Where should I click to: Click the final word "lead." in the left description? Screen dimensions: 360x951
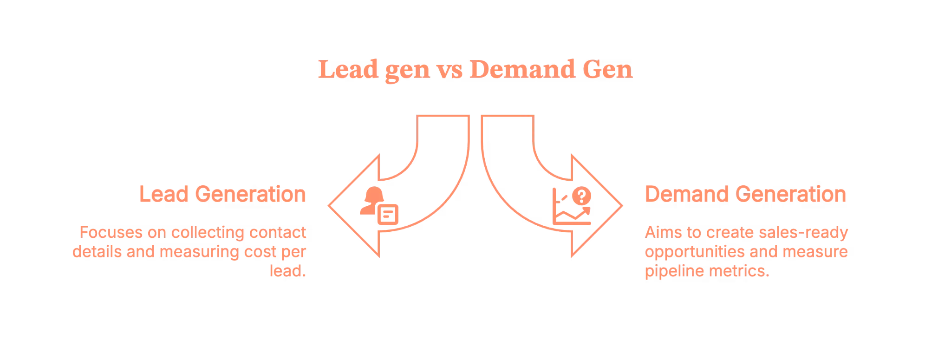point(289,272)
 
